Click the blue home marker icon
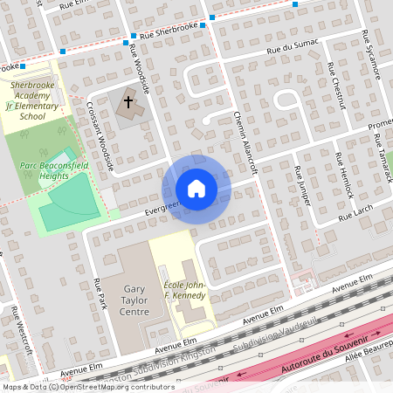(196, 189)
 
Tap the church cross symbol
(128, 103)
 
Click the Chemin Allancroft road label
(244, 144)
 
